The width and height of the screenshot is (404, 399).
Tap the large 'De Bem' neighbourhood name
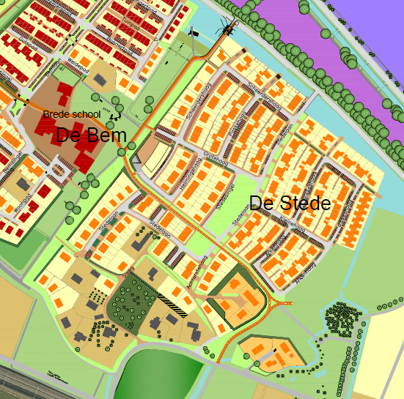92,135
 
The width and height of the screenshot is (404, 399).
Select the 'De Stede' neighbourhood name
290,204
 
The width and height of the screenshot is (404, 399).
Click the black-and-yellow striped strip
174,305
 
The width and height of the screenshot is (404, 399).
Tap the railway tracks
29,384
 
